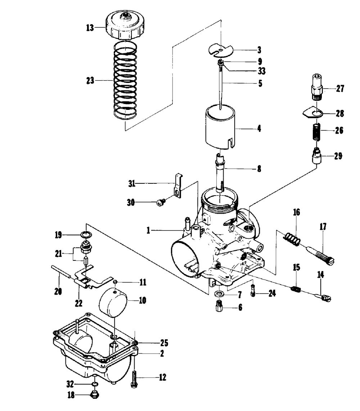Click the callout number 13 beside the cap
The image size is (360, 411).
90,27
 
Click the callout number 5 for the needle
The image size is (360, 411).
260,83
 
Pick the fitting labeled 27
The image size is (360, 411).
317,87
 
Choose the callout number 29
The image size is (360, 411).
338,156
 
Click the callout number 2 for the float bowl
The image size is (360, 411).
162,353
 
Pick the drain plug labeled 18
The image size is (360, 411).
95,394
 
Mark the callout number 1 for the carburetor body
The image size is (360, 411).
148,231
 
